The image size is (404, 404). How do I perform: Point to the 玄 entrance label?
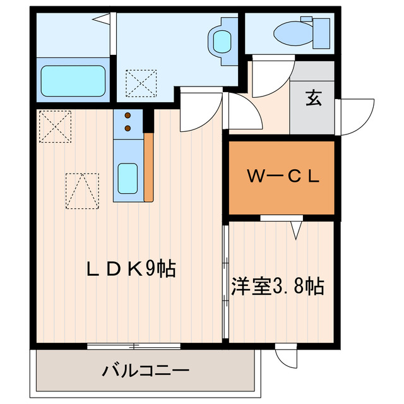point(312,98)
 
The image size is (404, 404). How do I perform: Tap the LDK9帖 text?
point(131,270)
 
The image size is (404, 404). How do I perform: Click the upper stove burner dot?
point(128,116)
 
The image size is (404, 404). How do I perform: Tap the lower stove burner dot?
point(128,128)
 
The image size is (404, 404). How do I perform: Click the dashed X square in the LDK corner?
point(54,126)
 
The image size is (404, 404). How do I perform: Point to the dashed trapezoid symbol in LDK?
point(82,190)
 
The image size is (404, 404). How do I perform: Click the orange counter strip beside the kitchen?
point(149,167)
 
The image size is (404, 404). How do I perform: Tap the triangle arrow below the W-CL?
point(295,230)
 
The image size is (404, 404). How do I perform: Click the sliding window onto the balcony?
point(134,345)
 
